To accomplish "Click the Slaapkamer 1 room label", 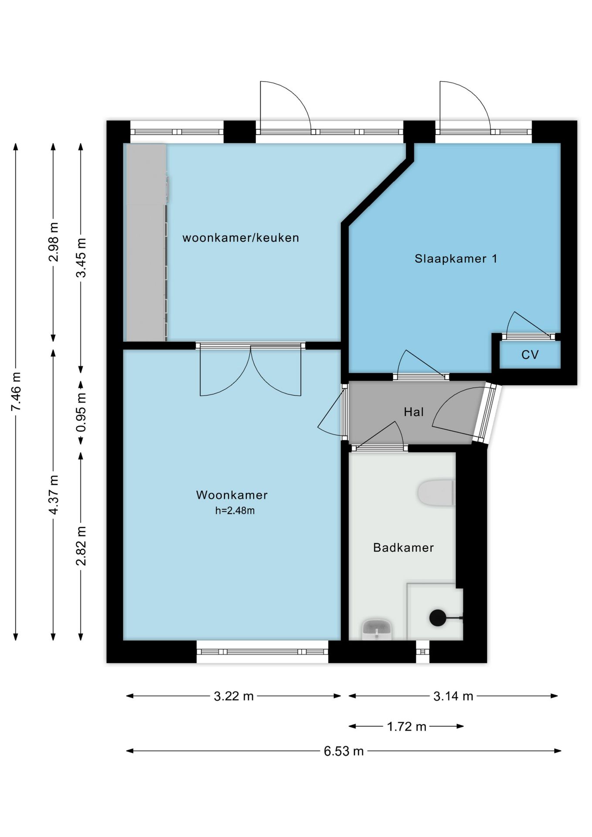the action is pyautogui.click(x=456, y=259).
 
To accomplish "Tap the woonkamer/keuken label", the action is pyautogui.click(x=241, y=238).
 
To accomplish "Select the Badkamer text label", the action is pyautogui.click(x=403, y=548).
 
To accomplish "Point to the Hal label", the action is pyautogui.click(x=414, y=412).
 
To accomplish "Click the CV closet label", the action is pyautogui.click(x=530, y=355).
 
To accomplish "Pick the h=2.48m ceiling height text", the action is pyautogui.click(x=235, y=510).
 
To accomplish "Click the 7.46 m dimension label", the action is pyautogui.click(x=16, y=391).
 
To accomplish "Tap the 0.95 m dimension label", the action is pyautogui.click(x=81, y=412).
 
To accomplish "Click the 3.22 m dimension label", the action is pyautogui.click(x=234, y=696).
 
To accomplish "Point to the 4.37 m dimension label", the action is pyautogui.click(x=53, y=495).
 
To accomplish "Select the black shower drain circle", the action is pyautogui.click(x=438, y=618).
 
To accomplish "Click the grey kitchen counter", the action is pyautogui.click(x=146, y=242).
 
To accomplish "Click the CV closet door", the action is pyautogui.click(x=528, y=336).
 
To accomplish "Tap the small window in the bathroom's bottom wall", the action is pyautogui.click(x=422, y=652).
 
